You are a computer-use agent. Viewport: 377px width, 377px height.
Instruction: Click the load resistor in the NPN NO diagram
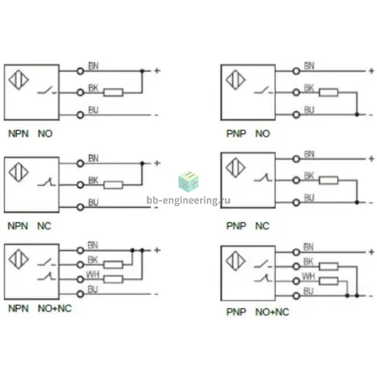pos(113,92)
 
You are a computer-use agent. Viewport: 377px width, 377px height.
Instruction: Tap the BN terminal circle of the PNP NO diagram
pos(297,71)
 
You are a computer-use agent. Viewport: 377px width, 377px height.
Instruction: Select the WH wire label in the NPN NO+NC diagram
pos(92,275)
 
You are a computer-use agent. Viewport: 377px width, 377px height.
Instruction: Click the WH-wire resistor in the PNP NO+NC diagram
pos(328,281)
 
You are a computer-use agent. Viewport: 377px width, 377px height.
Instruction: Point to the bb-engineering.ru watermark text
pos(188,200)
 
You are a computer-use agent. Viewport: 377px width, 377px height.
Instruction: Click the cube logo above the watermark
pos(188,181)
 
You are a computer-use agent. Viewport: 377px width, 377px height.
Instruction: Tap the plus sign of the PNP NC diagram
pos(371,159)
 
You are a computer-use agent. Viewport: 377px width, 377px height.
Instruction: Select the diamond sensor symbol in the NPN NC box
pos(18,173)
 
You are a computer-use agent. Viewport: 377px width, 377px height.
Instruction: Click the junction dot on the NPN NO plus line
pos(142,71)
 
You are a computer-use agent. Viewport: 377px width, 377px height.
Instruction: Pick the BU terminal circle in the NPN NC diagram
pos(80,207)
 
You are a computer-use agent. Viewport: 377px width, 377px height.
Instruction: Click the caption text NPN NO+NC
pos(40,308)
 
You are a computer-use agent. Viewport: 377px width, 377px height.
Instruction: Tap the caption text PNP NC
pos(248,225)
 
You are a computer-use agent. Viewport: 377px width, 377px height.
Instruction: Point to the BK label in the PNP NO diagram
pos(309,88)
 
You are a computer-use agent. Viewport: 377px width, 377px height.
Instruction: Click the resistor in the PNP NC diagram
pos(328,180)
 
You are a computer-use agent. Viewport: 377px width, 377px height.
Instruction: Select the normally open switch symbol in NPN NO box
pos(47,90)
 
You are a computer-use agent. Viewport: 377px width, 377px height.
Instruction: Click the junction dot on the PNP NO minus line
pos(357,115)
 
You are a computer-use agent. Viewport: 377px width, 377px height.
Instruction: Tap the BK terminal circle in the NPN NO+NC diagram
pos(80,265)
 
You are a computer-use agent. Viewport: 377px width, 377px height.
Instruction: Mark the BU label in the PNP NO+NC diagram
pos(308,291)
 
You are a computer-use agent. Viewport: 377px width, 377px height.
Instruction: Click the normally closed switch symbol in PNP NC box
pos(263,178)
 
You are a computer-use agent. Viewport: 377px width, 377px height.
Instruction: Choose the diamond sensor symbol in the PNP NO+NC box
pos(235,261)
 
